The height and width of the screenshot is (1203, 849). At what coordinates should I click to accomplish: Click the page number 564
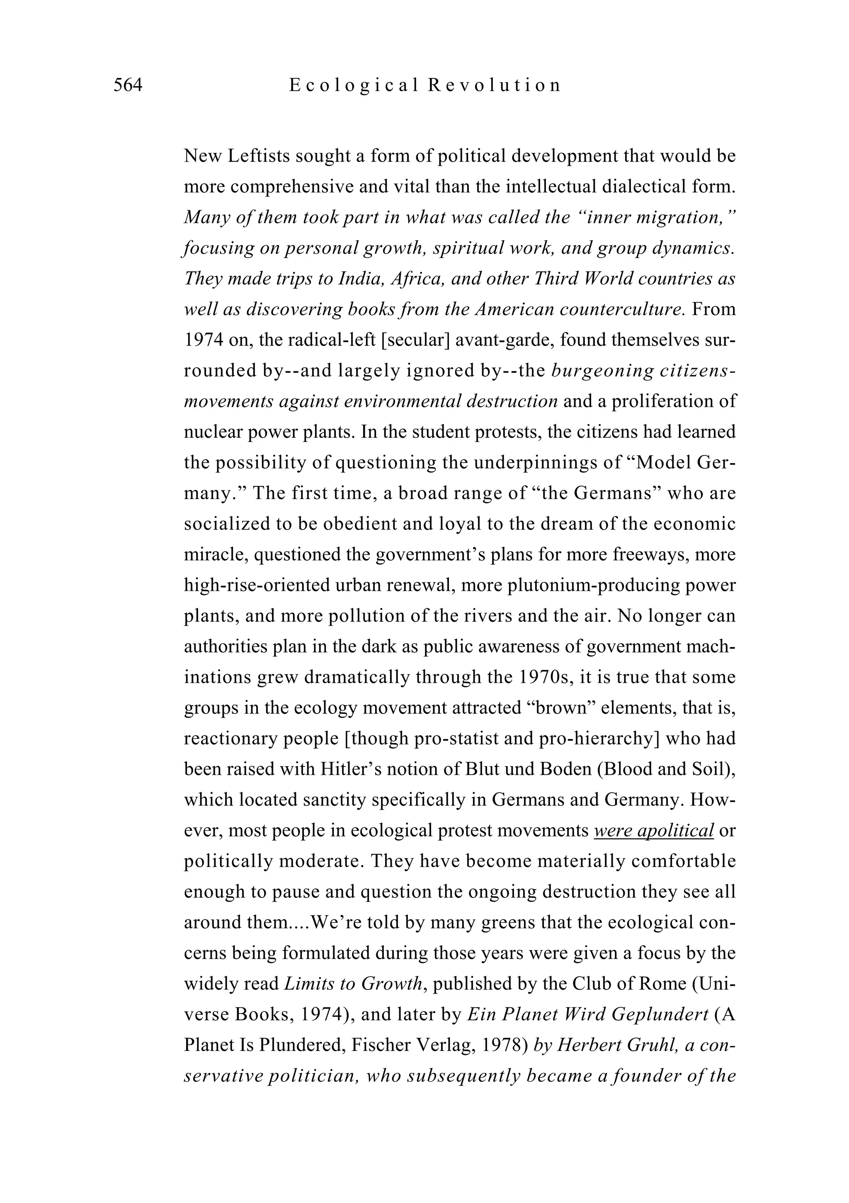click(x=128, y=85)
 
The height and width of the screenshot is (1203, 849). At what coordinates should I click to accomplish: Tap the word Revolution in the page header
click(x=494, y=85)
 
